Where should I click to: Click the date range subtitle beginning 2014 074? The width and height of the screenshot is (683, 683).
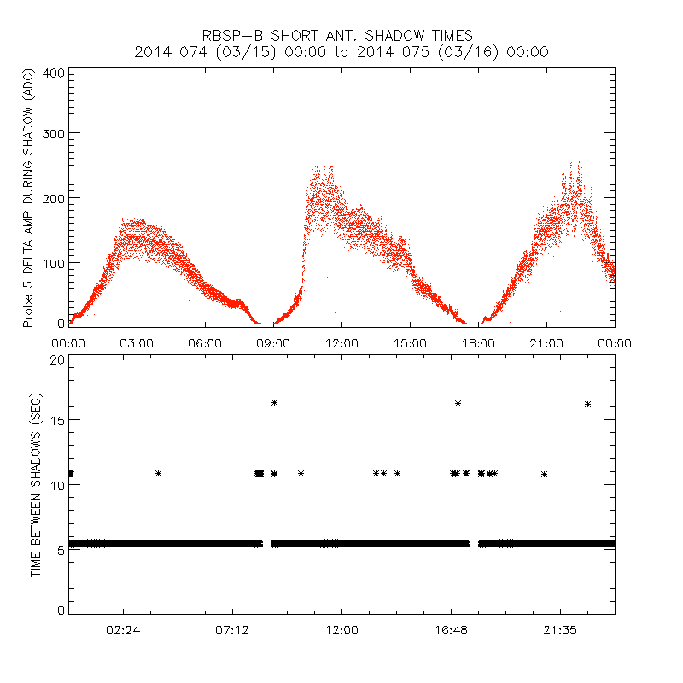pos(341,52)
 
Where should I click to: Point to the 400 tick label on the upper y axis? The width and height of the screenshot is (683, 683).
pos(54,73)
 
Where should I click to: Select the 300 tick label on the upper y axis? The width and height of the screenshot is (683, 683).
pos(54,134)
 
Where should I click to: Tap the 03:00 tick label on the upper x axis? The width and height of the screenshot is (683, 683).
pos(137,342)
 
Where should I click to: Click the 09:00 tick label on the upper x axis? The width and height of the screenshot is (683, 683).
pos(273,342)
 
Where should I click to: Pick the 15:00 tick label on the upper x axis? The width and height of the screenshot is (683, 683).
pos(410,342)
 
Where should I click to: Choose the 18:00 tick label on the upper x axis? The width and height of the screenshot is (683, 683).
pos(478,342)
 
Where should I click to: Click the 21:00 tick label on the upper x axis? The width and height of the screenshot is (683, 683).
pos(546,342)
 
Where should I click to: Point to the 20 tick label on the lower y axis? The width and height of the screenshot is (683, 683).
pos(57,359)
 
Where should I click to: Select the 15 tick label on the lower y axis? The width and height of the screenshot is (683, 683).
pos(57,420)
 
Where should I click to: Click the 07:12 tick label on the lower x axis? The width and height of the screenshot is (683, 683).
pos(232,629)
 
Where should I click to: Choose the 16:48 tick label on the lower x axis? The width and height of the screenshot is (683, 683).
pos(451,629)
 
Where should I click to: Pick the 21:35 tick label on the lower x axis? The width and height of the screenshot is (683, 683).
pos(560,629)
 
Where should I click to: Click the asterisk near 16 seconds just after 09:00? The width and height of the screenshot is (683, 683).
pos(275,402)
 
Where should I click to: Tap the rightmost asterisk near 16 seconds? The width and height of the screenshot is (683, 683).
pos(587,404)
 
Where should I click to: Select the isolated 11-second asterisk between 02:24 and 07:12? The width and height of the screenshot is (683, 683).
pos(158,473)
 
